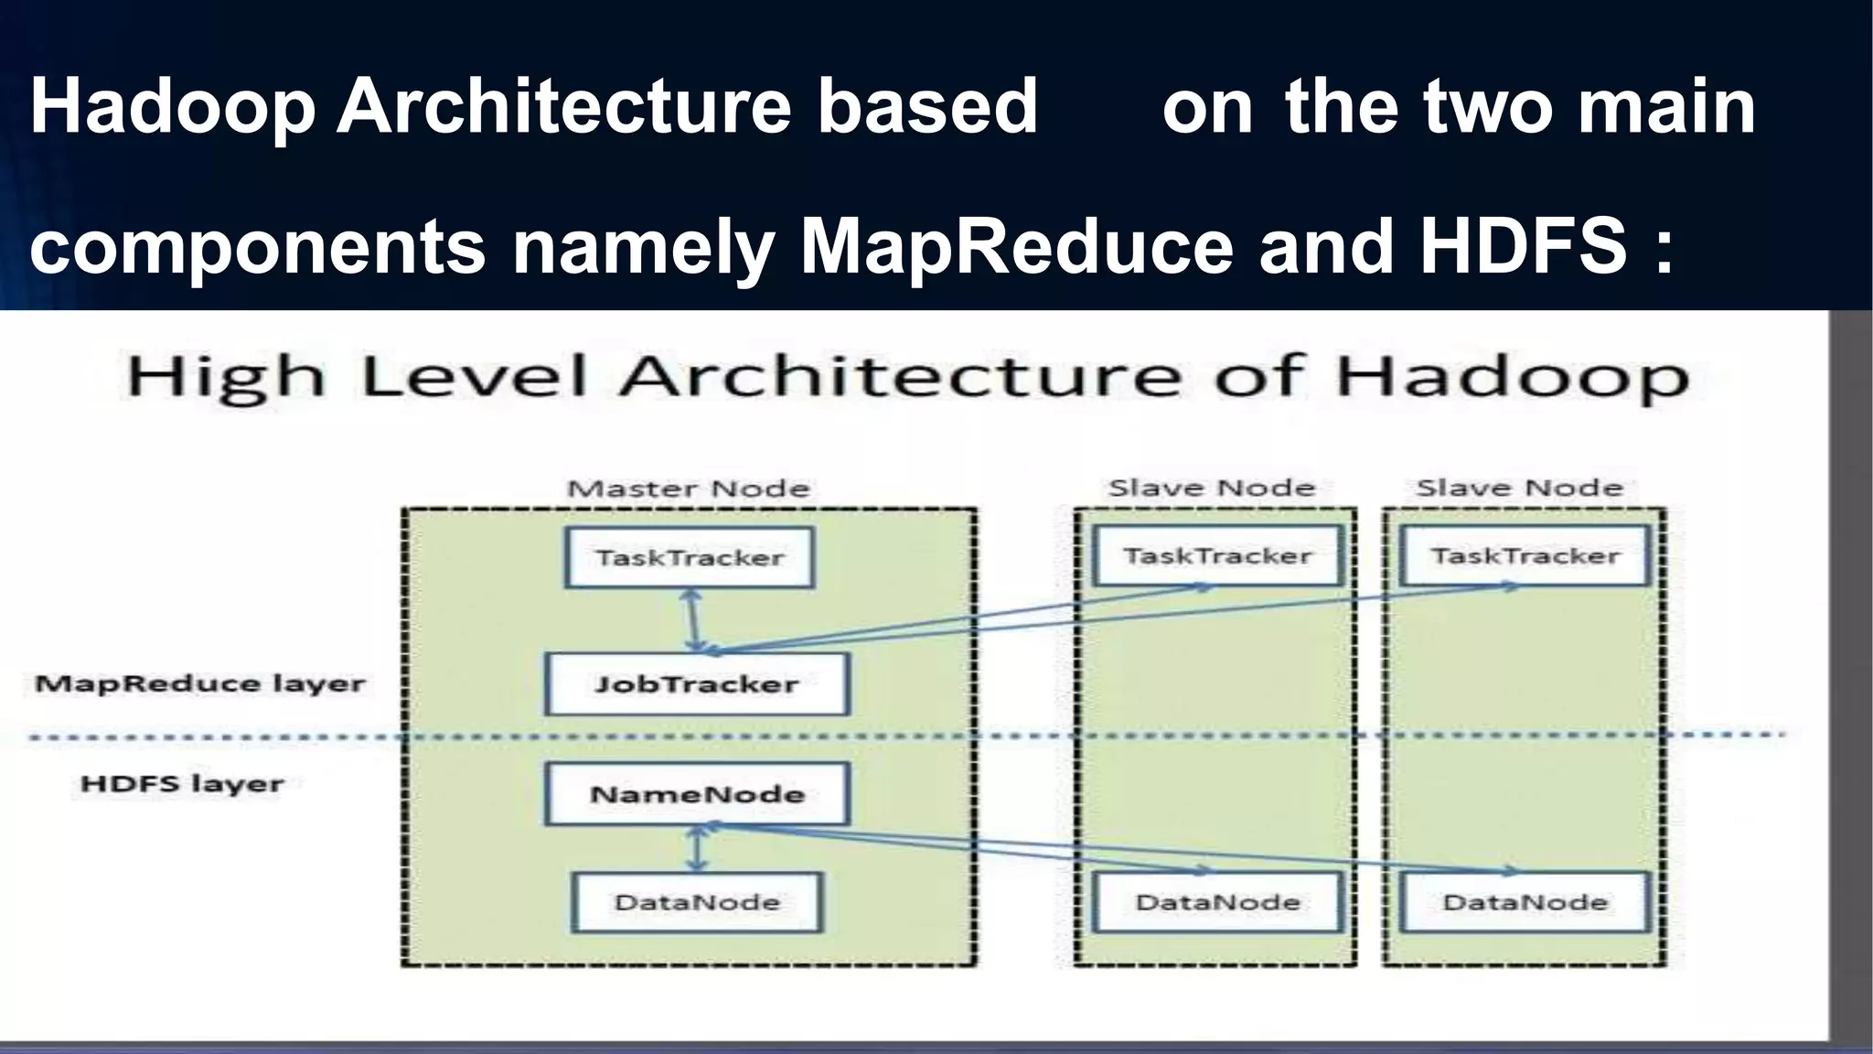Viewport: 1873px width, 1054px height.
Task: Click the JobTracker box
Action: click(x=697, y=683)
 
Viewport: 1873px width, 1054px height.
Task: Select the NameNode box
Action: click(x=697, y=793)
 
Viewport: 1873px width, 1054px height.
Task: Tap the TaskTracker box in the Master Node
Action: click(x=690, y=557)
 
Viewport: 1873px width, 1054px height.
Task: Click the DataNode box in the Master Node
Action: click(x=697, y=902)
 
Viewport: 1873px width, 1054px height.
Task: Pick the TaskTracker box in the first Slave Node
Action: click(x=1217, y=555)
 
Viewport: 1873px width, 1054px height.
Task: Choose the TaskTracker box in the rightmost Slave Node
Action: click(x=1525, y=555)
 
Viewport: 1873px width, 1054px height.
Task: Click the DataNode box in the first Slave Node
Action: click(x=1217, y=902)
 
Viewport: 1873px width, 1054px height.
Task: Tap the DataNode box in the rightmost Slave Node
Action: click(x=1525, y=902)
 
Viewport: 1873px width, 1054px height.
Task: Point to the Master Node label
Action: click(x=689, y=489)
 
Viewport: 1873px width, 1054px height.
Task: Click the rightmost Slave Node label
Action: click(x=1519, y=488)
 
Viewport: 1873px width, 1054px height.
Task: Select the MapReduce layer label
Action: click(x=200, y=683)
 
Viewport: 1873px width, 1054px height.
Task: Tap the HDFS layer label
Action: click(x=182, y=784)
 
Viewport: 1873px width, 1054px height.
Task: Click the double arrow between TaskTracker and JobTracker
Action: click(x=693, y=618)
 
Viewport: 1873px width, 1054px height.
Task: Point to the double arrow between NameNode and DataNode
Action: click(x=697, y=849)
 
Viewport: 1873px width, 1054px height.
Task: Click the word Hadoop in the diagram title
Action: click(x=1512, y=378)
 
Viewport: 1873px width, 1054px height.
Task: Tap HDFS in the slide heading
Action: click(x=1523, y=246)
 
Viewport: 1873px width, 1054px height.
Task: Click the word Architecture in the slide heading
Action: click(x=564, y=106)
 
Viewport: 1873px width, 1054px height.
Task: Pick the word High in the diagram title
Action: click(x=225, y=378)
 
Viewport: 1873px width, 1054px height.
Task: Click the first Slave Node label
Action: click(x=1212, y=488)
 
